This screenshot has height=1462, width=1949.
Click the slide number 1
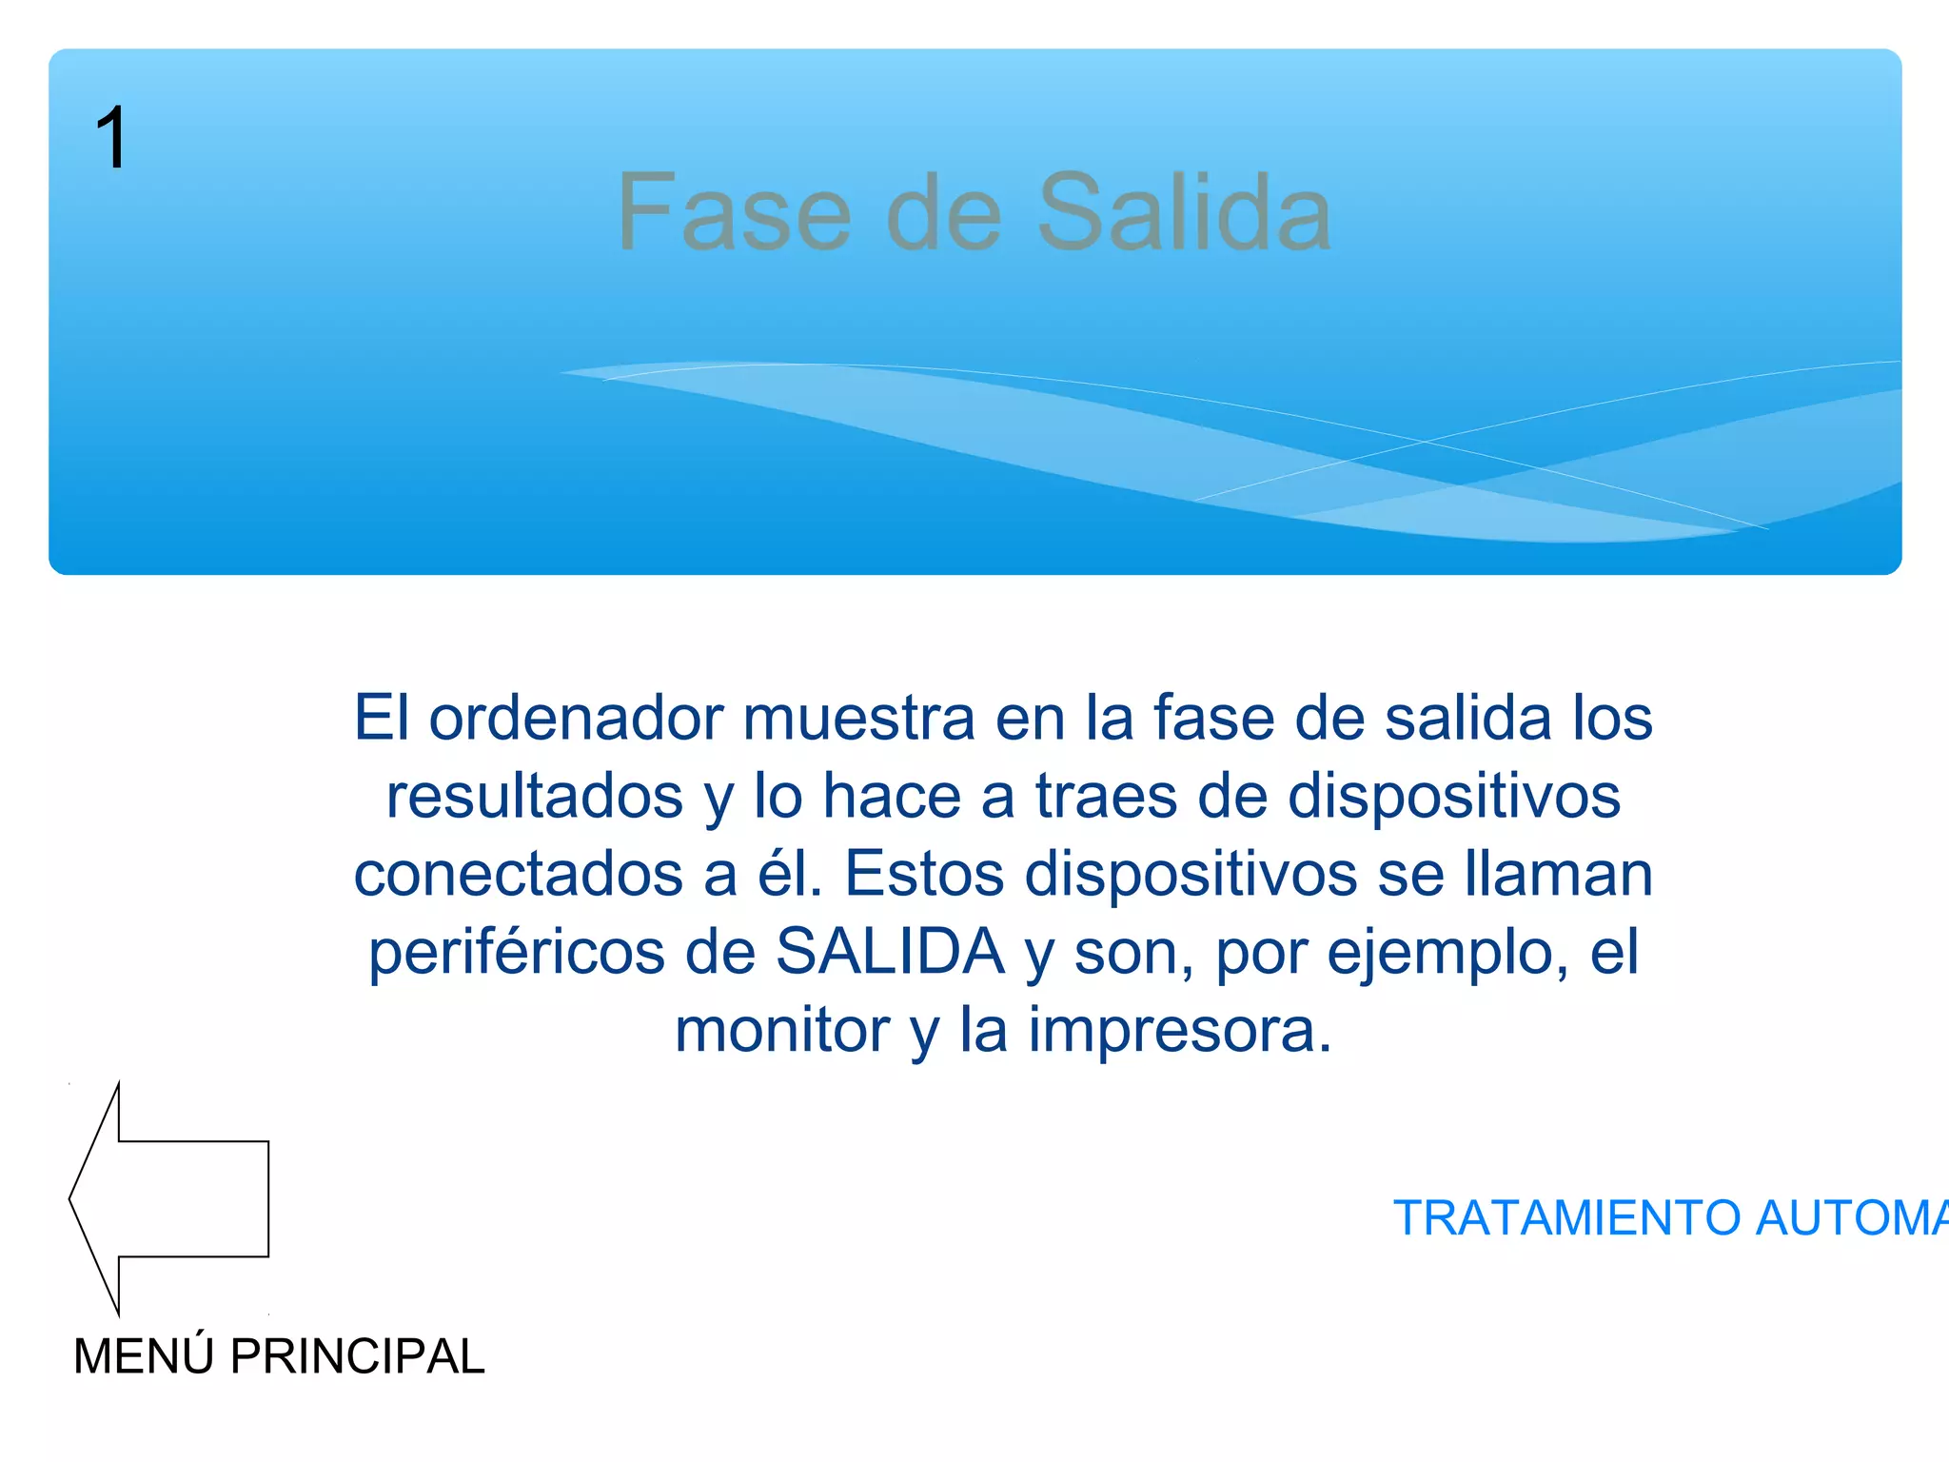click(x=111, y=139)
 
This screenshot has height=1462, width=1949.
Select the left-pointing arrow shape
click(x=169, y=1198)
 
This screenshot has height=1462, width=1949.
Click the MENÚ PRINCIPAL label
click(x=279, y=1355)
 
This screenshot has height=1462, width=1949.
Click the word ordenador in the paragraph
click(x=576, y=718)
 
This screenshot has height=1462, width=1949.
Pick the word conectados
click(x=519, y=874)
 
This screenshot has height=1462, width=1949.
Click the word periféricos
click(x=517, y=952)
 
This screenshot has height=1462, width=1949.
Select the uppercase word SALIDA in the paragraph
click(x=890, y=952)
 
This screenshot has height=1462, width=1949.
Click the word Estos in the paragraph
click(x=924, y=874)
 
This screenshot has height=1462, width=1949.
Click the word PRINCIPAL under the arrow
click(x=357, y=1355)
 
